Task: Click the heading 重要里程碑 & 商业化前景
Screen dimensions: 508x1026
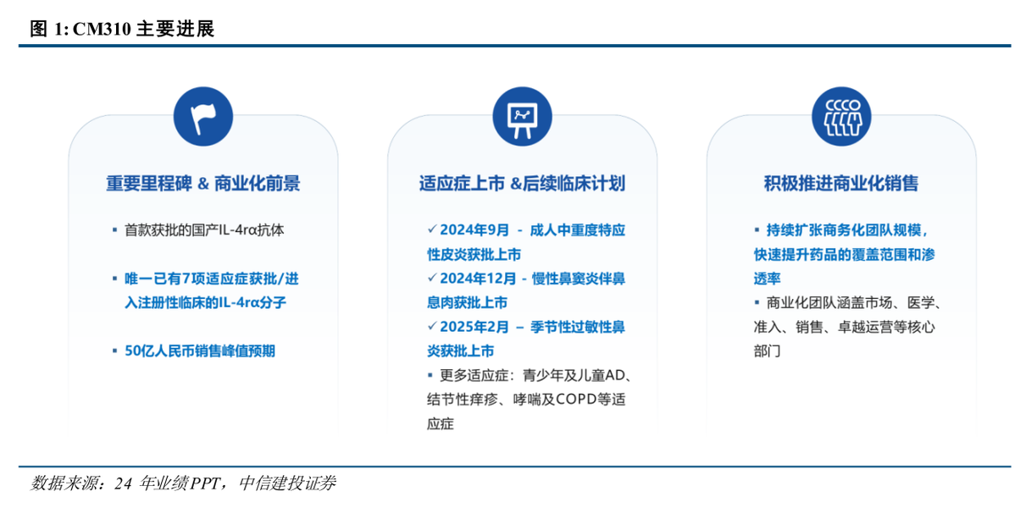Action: point(203,184)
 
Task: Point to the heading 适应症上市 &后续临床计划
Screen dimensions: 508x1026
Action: point(522,184)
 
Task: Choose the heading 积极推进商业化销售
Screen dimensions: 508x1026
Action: point(841,184)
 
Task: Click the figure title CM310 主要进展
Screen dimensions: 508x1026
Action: point(122,30)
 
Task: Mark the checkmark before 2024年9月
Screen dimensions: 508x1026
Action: point(432,229)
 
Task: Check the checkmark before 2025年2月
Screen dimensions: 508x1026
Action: point(432,326)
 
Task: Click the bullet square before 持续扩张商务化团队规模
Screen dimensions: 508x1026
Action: point(757,230)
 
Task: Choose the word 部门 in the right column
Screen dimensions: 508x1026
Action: point(768,351)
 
